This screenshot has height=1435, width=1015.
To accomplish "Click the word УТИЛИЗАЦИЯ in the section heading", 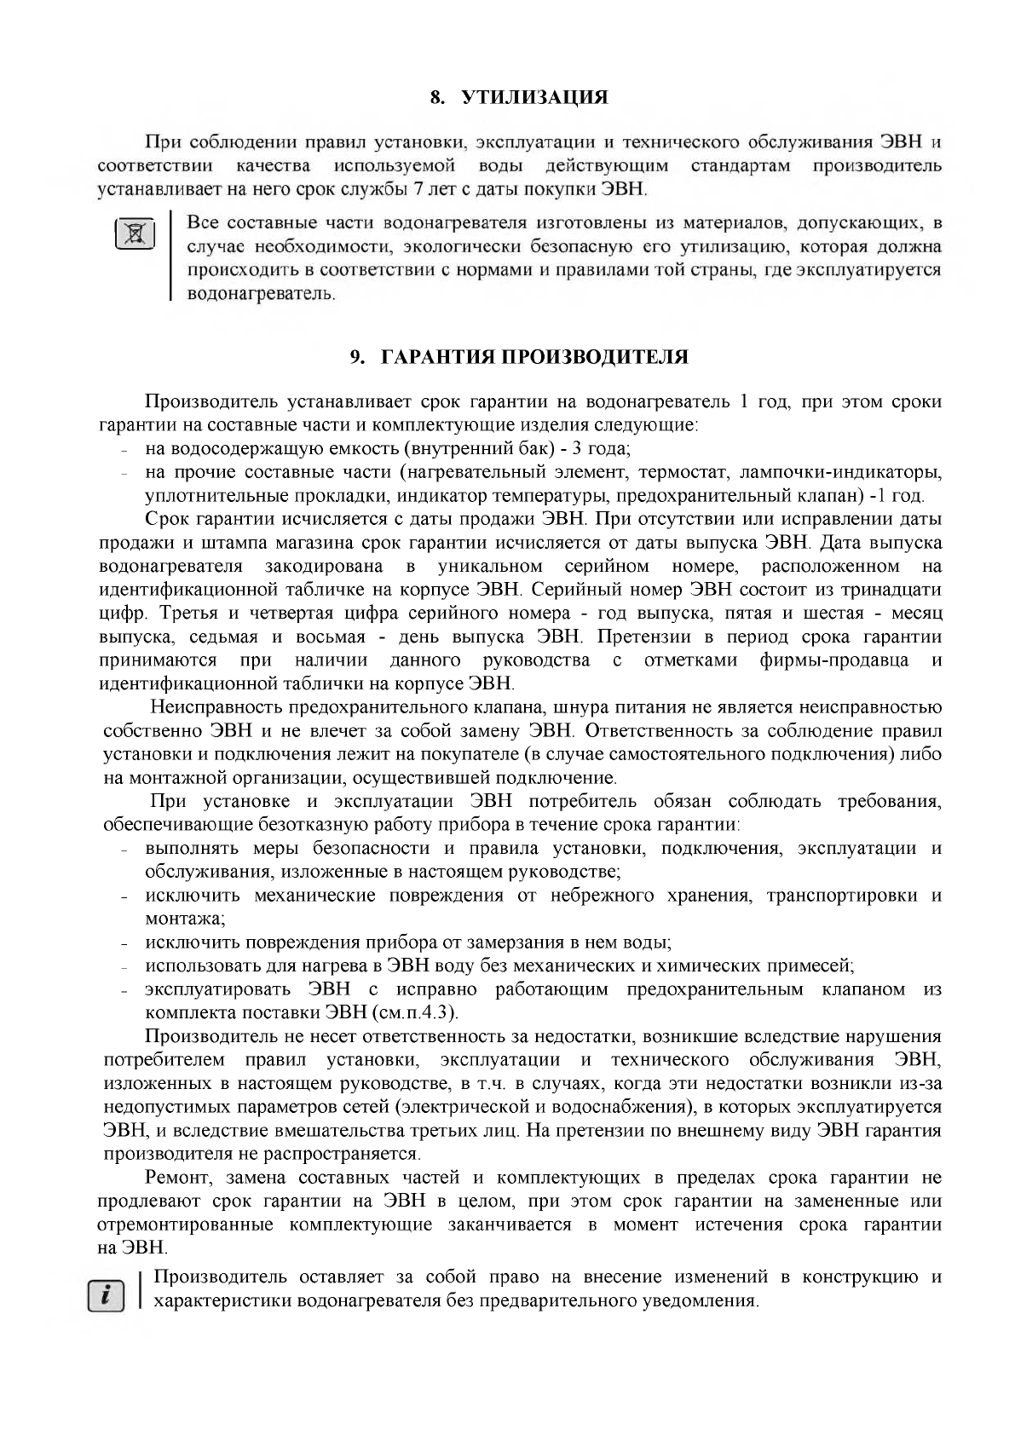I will tap(535, 98).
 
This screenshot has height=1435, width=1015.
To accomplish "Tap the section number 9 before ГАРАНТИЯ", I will tap(355, 357).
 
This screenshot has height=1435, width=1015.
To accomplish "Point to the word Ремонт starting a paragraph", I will tap(176, 1179).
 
